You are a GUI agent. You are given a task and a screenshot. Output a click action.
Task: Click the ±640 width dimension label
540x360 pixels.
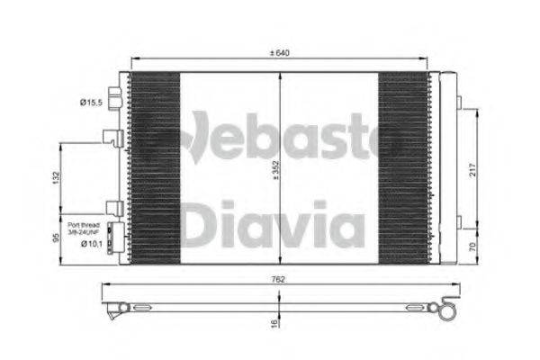pyautogui.click(x=281, y=53)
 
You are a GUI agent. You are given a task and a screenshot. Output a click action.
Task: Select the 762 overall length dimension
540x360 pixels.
pyautogui.click(x=280, y=279)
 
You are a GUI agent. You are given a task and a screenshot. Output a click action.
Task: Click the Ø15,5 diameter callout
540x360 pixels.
pyautogui.click(x=91, y=104)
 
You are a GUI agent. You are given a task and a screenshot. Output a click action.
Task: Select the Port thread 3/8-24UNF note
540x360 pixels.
pyautogui.click(x=84, y=228)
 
